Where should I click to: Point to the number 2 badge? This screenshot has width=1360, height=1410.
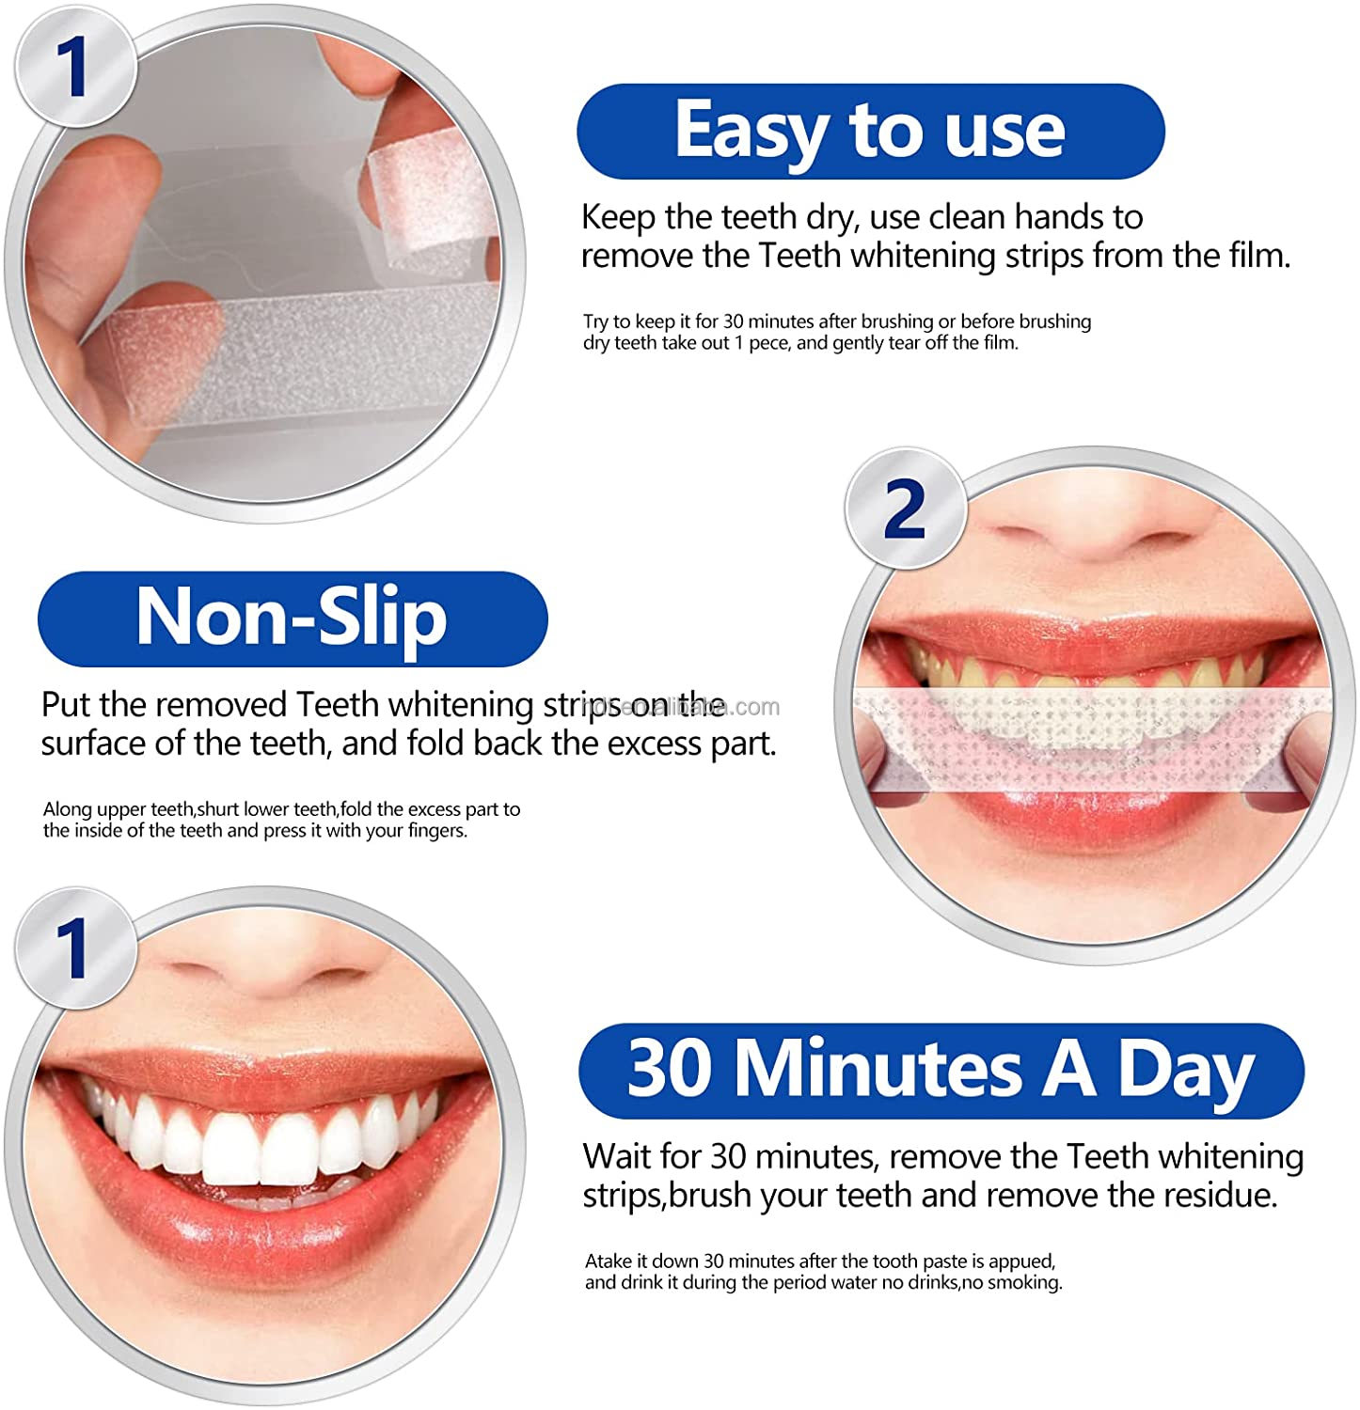click(905, 509)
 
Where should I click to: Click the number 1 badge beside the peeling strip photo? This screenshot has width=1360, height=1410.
click(71, 68)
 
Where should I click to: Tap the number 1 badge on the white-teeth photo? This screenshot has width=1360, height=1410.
click(71, 948)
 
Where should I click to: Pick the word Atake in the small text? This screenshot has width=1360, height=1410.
click(610, 1261)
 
